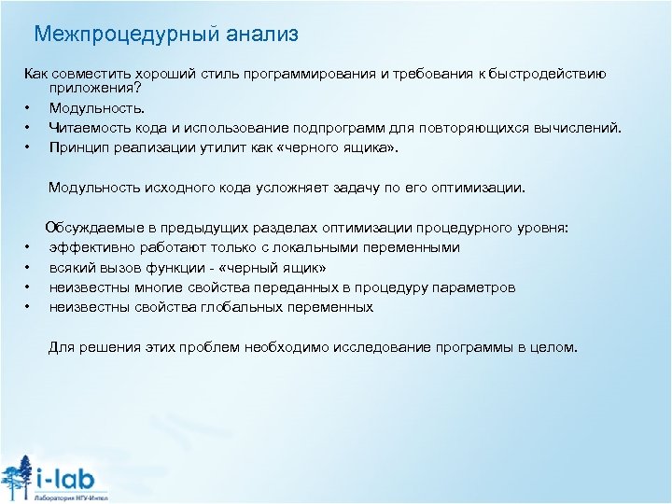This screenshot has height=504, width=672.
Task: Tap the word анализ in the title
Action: (261, 35)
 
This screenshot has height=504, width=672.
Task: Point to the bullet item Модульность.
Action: (91, 109)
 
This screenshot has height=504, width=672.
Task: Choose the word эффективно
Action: (89, 247)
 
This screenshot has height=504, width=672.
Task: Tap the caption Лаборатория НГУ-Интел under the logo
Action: (70, 497)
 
